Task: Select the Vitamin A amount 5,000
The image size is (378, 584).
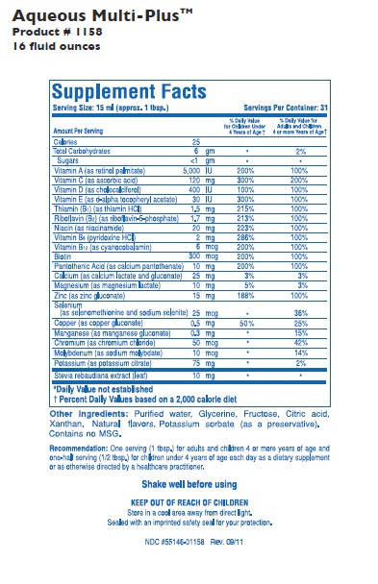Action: point(191,169)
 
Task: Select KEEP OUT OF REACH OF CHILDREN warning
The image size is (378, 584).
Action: point(189,502)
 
